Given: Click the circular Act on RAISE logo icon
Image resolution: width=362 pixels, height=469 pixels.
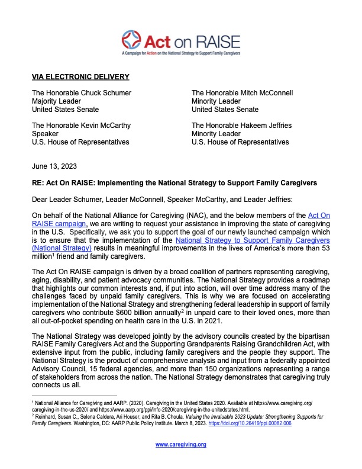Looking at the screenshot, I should click(132, 41).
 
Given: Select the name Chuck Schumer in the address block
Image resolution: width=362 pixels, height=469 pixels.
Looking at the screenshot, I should click(109, 93).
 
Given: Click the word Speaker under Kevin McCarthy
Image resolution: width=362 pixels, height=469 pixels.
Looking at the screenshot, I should click(46, 134).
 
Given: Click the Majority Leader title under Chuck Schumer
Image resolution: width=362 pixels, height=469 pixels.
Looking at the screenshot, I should click(57, 101).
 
